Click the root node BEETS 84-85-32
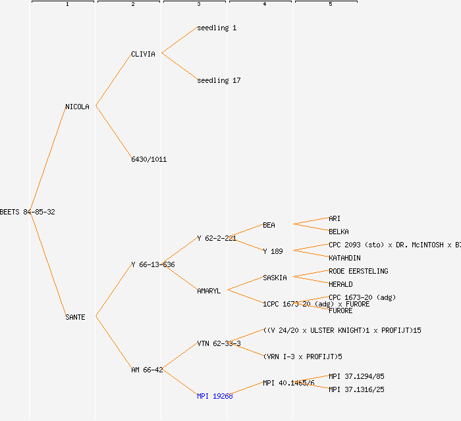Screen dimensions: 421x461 tap(28, 212)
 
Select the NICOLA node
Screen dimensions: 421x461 tap(77, 107)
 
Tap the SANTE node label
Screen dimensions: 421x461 tap(75, 317)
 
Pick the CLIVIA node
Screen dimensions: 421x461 tap(143, 54)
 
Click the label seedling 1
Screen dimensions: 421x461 tap(217, 28)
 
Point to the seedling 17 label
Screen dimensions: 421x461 tap(219, 80)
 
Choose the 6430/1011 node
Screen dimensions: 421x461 tap(149, 159)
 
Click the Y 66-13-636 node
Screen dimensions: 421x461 tap(153, 264)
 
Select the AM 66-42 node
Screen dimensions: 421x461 tap(147, 370)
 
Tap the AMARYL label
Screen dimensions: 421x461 tap(209, 291)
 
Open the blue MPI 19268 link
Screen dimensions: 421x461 tap(215, 396)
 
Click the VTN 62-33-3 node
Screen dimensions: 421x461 tap(219, 343)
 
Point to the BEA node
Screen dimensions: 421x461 tap(269, 225)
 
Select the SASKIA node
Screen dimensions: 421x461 tap(275, 278)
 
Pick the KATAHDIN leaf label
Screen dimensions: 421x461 tap(344, 258)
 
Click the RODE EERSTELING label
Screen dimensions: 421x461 tap(358, 271)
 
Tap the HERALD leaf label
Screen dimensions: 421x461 tap(340, 284)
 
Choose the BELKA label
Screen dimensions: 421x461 tap(339, 232)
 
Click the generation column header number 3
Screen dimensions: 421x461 tap(198, 5)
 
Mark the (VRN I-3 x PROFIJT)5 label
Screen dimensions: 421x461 tap(302, 357)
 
